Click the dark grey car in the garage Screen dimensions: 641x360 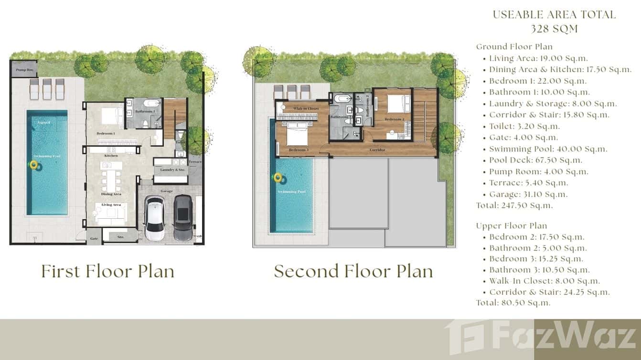(183, 218)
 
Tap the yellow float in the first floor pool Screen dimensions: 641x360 (34, 165)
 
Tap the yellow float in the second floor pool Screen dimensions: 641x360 (278, 179)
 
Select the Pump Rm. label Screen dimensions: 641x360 (23, 70)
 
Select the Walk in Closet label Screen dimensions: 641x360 (306, 109)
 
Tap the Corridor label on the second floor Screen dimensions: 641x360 (377, 150)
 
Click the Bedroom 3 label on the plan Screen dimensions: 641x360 (299, 150)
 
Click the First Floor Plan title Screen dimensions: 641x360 (107, 271)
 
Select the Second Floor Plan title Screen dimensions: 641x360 (353, 271)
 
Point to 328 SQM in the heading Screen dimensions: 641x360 (554, 29)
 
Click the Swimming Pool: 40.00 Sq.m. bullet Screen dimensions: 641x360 (548, 149)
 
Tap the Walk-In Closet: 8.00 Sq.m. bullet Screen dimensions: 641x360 (544, 281)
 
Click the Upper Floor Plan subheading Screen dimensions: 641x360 (511, 225)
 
